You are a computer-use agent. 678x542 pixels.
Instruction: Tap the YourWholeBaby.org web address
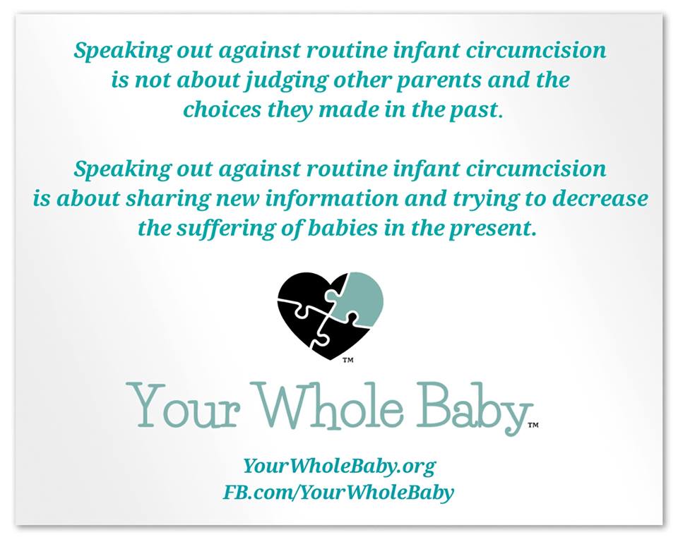[x=340, y=466]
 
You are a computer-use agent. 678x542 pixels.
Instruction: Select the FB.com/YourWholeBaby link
[x=338, y=493]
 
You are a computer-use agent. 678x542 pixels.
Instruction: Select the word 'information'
[x=331, y=198]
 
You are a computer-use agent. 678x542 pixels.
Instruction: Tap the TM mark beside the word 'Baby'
[x=533, y=426]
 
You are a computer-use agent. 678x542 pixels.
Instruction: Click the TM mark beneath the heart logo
[x=348, y=360]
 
